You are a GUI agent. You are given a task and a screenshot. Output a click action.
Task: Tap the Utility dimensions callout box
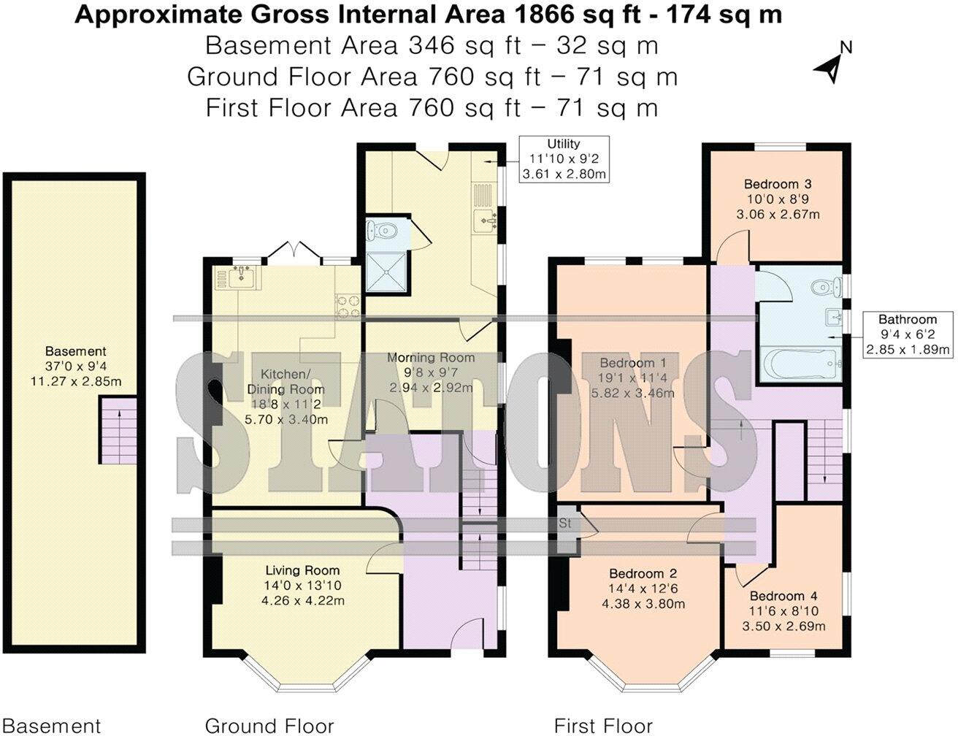564,158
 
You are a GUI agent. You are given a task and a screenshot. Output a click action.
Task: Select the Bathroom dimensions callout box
908,334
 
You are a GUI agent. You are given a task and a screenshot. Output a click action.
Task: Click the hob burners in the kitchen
346,305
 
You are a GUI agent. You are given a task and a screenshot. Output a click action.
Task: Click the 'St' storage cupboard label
565,524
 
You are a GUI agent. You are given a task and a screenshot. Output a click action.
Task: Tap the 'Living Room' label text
302,570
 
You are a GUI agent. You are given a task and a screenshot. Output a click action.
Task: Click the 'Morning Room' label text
431,358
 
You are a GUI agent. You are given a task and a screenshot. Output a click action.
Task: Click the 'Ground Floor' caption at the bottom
269,725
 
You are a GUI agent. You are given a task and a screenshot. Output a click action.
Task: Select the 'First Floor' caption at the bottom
603,725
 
